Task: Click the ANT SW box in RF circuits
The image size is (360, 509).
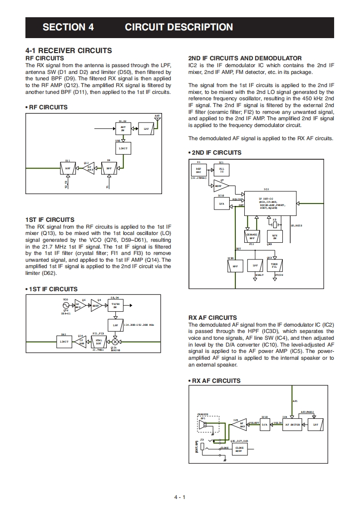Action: pos(123,128)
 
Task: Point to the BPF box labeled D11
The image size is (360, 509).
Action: pos(68,168)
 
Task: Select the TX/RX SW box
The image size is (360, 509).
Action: pos(115,305)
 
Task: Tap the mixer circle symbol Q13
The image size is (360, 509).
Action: pos(115,342)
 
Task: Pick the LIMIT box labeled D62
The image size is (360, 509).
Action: pos(64,342)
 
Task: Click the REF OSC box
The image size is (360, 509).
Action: pos(198,171)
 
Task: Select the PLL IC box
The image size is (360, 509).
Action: pos(222,171)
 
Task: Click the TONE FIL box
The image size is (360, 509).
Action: pos(275,265)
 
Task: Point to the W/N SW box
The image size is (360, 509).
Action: pos(275,235)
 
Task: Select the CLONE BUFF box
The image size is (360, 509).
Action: pos(239,449)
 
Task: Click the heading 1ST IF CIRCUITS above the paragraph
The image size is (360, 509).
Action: pos(50,220)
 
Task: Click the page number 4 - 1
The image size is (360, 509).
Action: pos(180,497)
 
